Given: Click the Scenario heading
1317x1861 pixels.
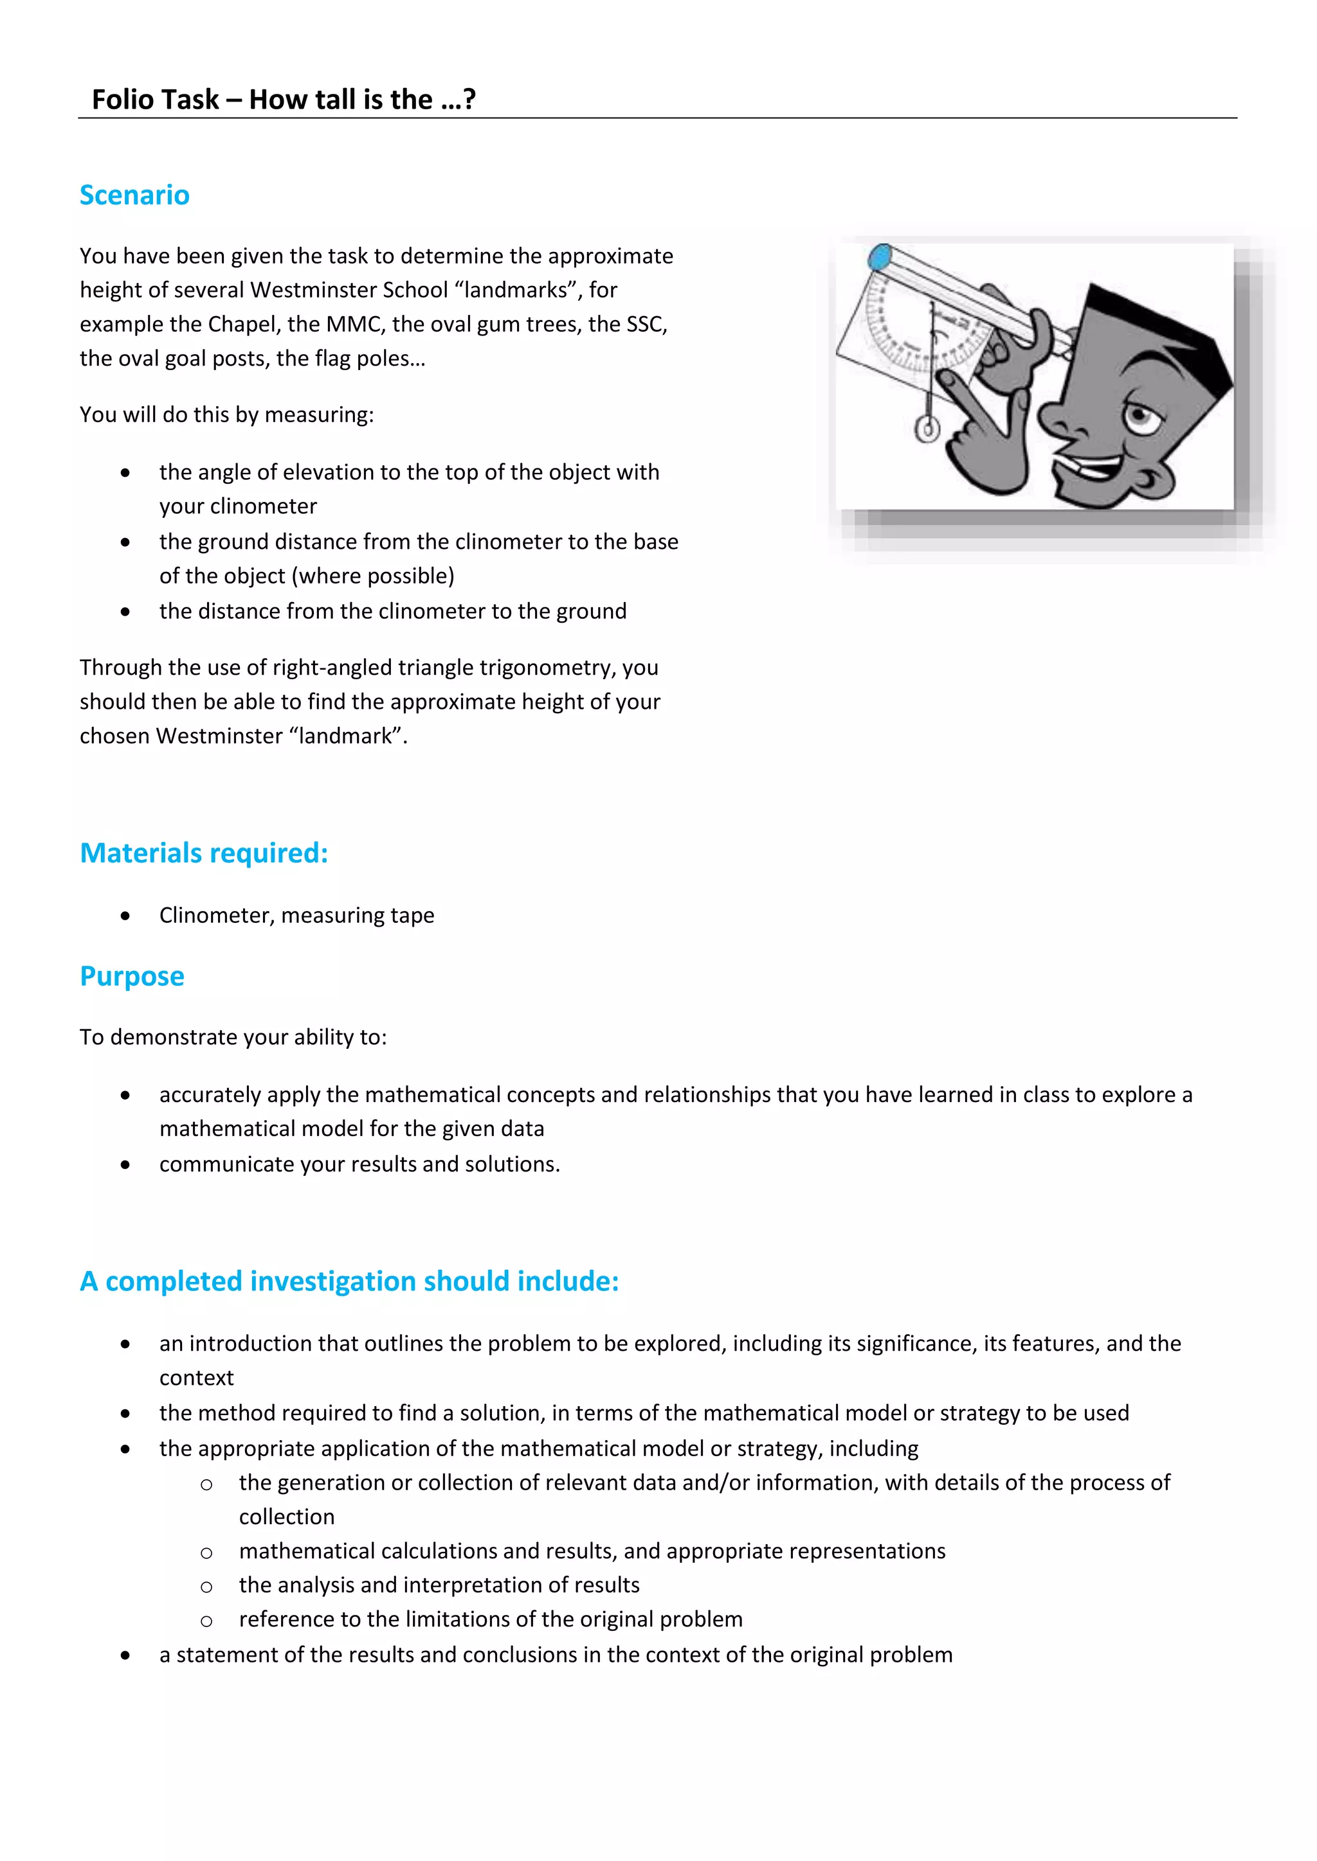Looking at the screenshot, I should click(x=134, y=195).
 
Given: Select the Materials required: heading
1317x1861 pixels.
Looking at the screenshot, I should click(x=204, y=853).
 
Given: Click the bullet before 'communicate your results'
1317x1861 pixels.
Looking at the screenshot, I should click(x=125, y=1165).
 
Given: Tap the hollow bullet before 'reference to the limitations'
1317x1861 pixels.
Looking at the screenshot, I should click(x=207, y=1620).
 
